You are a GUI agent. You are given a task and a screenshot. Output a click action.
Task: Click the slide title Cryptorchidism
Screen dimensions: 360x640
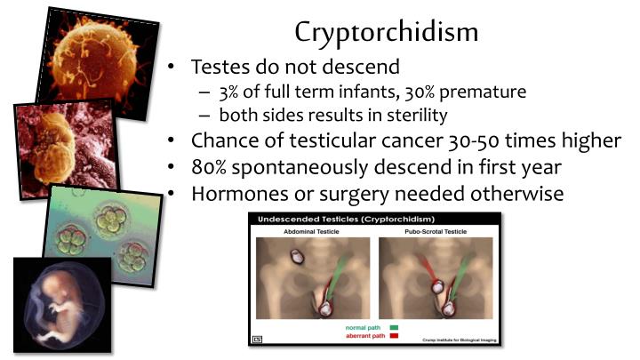point(387,31)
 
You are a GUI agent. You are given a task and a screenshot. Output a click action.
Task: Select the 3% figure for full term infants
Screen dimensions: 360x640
point(226,92)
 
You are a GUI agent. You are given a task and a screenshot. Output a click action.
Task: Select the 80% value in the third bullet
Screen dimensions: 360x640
point(212,167)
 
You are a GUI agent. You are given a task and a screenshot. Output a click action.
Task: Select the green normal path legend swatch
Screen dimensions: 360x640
point(394,326)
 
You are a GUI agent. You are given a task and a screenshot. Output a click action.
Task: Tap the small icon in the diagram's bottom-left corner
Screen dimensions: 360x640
point(257,338)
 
